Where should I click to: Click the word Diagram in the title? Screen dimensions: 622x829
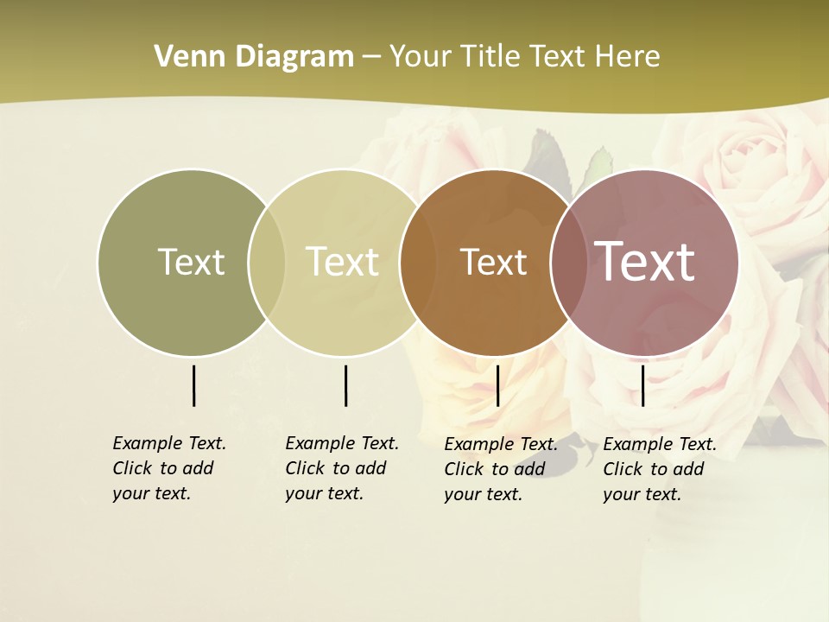coord(294,57)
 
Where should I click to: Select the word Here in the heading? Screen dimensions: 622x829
coord(627,57)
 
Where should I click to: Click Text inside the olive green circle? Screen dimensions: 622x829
coord(191,262)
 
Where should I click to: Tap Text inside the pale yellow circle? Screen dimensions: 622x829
coord(342,262)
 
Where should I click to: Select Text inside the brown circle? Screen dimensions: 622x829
coord(493,262)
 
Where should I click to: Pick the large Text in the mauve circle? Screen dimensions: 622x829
coord(645,261)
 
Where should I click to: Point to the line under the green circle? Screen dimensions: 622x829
coord(193,385)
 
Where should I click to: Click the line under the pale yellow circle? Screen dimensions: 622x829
coord(345,385)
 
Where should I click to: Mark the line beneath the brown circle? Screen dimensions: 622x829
coord(497,385)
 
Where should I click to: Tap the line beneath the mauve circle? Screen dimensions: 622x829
coord(642,385)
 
